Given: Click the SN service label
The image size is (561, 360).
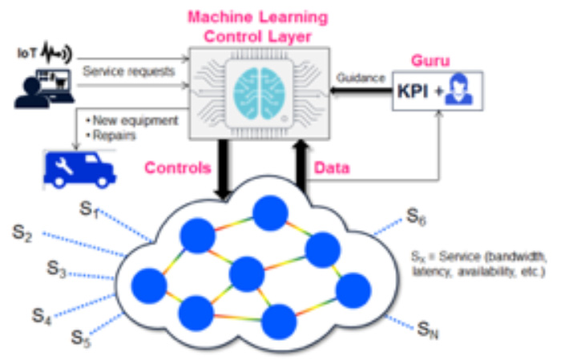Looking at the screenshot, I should tap(427, 329).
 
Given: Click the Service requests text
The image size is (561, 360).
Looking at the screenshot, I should tap(128, 71).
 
